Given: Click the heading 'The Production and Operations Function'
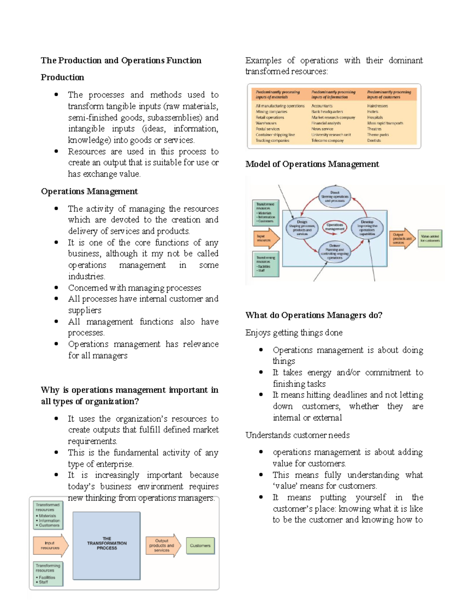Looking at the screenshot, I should coord(121,61).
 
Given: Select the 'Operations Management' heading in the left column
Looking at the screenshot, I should coord(89,192).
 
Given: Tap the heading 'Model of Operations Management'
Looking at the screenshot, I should coord(312,164).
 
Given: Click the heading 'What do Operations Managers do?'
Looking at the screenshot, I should coord(314,315).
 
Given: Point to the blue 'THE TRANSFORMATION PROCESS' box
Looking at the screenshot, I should coord(107,545).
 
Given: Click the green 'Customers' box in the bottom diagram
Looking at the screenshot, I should coord(200,546).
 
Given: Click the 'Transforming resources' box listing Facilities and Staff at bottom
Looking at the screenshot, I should coord(48,573).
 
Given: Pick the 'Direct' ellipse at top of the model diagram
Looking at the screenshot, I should coord(334,196).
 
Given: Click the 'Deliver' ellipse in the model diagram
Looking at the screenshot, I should coord(334,252).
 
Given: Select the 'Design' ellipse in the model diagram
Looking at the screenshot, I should coord(302,228).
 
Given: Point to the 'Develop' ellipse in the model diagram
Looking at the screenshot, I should coord(367,228).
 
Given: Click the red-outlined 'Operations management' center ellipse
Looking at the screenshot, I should coord(334,227).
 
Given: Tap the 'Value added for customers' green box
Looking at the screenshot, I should coord(430,238).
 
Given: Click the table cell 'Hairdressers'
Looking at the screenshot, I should coord(377,106).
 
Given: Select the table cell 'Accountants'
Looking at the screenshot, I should coord(322,106).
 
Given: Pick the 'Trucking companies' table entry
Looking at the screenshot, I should coord(272,141).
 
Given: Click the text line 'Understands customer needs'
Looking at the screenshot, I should coord(297,435).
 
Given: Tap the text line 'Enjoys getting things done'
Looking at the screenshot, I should coord(294,333).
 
